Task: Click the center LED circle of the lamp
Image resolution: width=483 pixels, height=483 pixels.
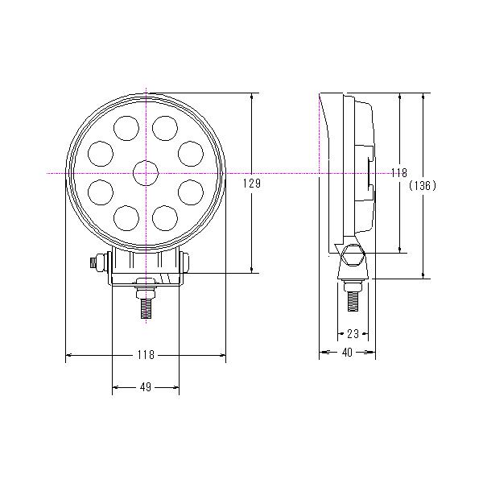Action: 146,173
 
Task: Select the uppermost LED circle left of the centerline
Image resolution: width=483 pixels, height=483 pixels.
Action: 126,127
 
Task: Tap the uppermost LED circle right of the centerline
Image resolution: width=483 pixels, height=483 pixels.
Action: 165,127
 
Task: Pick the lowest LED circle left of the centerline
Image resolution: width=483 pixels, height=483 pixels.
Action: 126,217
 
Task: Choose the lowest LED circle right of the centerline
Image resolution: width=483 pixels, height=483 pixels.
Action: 165,217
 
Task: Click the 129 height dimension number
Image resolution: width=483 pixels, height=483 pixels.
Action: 252,184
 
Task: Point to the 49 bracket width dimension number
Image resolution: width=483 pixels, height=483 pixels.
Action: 146,387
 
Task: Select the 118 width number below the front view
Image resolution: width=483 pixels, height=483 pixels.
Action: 146,354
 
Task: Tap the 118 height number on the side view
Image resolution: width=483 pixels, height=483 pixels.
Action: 398,173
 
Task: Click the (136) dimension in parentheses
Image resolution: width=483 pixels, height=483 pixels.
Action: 423,185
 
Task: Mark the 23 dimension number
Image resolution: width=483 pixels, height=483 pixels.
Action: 352,332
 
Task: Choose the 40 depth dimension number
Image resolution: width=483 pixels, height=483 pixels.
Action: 347,352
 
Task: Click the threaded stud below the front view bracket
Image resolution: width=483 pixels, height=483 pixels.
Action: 146,307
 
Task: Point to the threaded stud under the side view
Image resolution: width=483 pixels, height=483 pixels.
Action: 353,299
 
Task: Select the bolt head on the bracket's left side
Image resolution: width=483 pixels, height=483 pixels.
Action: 98,261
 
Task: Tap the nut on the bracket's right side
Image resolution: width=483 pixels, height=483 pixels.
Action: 187,261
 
